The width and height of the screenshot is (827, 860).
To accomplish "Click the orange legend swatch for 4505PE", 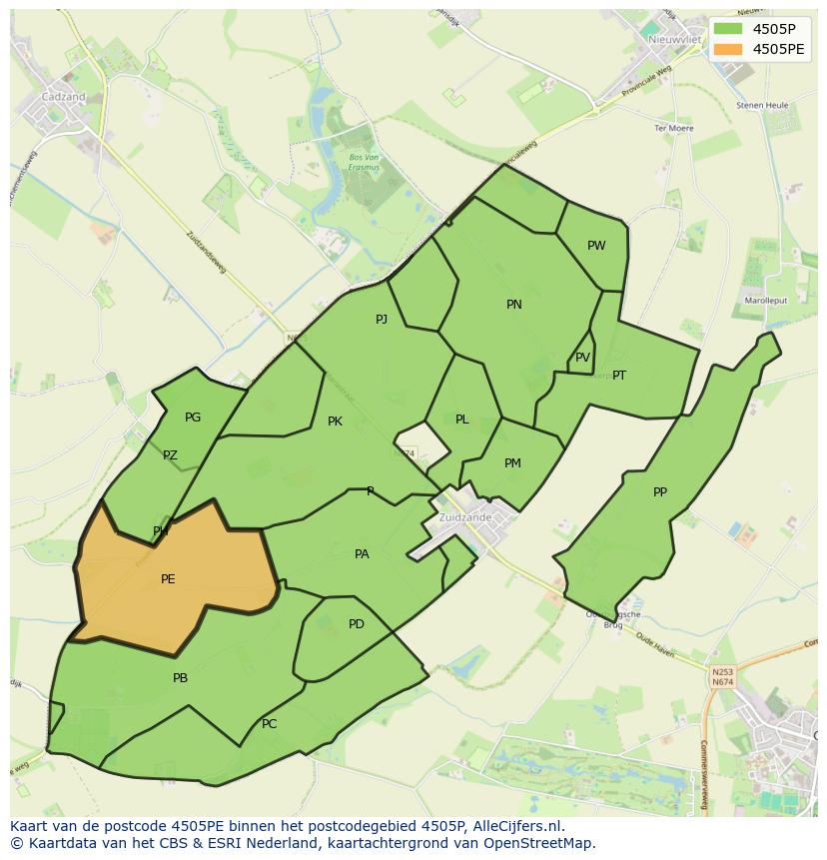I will coord(729,49).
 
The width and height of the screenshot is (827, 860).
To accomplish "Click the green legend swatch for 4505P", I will coord(729,29).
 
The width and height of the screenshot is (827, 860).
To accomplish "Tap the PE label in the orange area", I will coord(168,579).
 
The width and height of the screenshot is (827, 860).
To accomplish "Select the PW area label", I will coord(596,246).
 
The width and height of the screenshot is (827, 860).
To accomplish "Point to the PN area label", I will coord(514,305).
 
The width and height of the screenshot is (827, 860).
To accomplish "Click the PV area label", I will coord(582,358).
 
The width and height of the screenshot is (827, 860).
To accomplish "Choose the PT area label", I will coord(619,376).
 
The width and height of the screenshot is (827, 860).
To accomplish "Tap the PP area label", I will coord(660,492).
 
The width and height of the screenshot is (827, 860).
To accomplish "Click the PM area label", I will coord(512,462).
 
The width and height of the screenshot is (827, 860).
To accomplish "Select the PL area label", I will coord(461,420).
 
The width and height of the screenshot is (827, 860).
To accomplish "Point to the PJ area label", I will coord(382,320).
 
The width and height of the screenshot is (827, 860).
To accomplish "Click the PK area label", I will coord(335,422).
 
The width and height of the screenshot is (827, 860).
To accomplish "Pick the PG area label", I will coord(193,418).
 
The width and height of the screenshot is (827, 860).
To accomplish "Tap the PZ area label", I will coord(170,455).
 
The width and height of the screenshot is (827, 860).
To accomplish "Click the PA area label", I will coord(362,554).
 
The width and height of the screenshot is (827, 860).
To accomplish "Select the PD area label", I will coord(357,624).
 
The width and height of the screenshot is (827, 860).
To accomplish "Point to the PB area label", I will coord(180,678).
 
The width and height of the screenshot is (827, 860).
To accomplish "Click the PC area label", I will coord(269,724).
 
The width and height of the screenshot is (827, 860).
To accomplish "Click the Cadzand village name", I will coord(63,97).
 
